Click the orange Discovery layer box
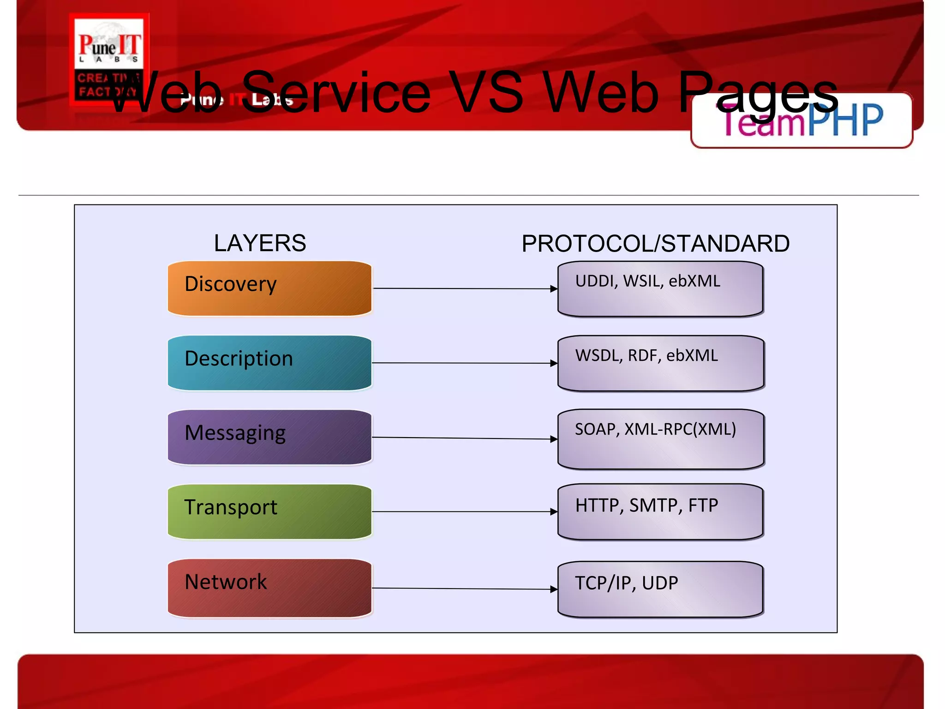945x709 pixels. pyautogui.click(x=269, y=288)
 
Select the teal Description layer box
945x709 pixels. pyautogui.click(x=269, y=363)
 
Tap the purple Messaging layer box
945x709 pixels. pyautogui.click(x=269, y=437)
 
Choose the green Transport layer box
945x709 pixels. pyautogui.click(x=269, y=511)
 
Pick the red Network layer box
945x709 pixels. pyautogui.click(x=269, y=588)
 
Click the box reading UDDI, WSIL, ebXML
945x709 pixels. pyautogui.click(x=660, y=289)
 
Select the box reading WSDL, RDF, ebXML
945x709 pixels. pyautogui.click(x=660, y=363)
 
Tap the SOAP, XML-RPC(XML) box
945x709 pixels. pyautogui.click(x=660, y=439)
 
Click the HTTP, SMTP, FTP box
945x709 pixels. pyautogui.click(x=660, y=511)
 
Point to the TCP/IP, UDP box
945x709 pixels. pyautogui.click(x=660, y=589)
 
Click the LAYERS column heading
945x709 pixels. pyautogui.click(x=260, y=243)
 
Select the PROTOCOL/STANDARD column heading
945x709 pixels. pyautogui.click(x=655, y=243)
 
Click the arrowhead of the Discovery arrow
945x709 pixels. pyautogui.click(x=554, y=289)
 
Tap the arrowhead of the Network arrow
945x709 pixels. pyautogui.click(x=554, y=589)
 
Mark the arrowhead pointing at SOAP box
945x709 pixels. pyautogui.click(x=554, y=439)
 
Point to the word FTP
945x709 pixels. pyautogui.click(x=703, y=505)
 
